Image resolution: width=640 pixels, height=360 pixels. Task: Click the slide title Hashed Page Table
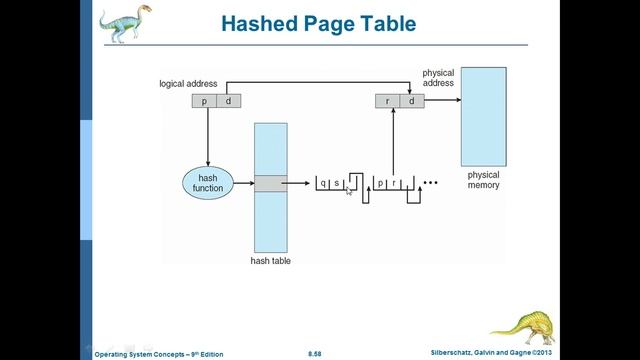click(x=319, y=22)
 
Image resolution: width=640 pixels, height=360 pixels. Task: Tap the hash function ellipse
click(x=207, y=183)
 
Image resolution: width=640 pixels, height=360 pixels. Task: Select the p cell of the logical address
click(x=206, y=100)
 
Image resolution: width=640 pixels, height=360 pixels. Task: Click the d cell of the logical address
click(x=229, y=100)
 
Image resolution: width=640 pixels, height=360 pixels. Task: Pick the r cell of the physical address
click(x=386, y=100)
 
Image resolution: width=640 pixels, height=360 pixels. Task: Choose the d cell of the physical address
click(x=410, y=100)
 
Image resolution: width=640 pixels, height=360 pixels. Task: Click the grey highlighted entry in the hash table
click(x=270, y=183)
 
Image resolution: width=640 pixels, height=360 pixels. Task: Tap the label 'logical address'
click(x=188, y=83)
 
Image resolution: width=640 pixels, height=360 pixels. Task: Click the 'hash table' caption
click(x=270, y=261)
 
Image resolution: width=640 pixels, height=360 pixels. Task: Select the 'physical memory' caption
click(x=483, y=180)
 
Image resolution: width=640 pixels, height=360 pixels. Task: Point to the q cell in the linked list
click(x=323, y=183)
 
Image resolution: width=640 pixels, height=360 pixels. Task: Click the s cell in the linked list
click(x=336, y=183)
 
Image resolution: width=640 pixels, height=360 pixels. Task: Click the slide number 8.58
click(x=315, y=353)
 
